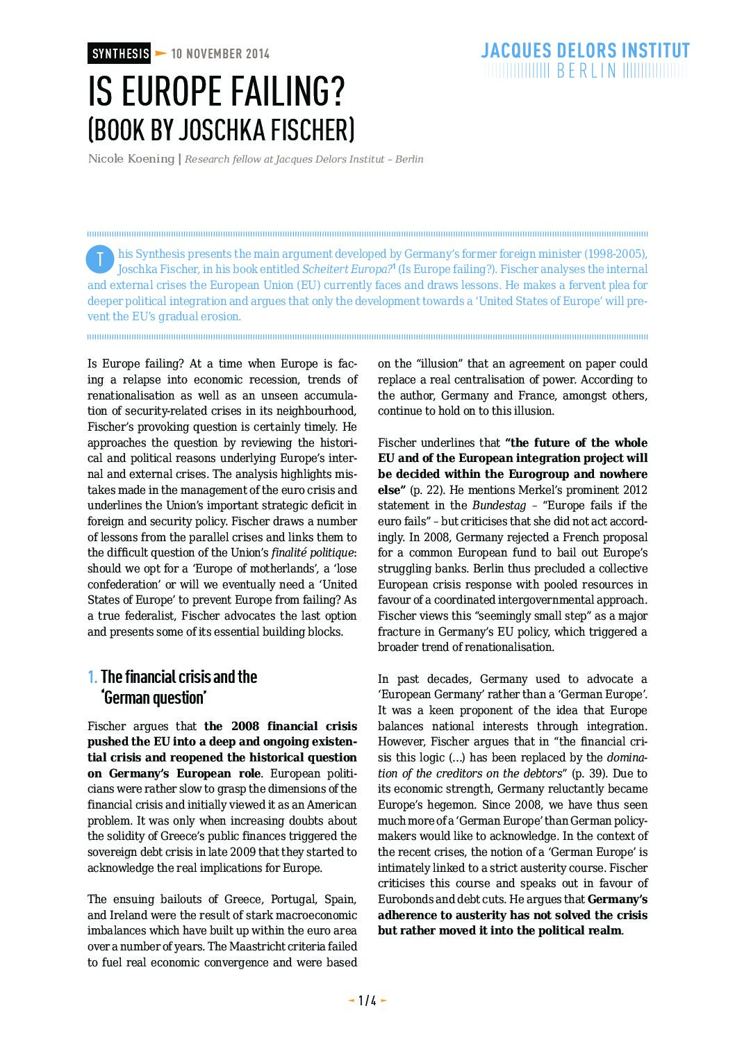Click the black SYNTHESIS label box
(x=119, y=53)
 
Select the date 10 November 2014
(x=220, y=54)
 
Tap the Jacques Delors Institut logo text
(x=585, y=51)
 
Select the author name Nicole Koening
(x=131, y=159)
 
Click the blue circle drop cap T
(x=99, y=259)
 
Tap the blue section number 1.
(x=92, y=677)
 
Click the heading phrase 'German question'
(x=154, y=698)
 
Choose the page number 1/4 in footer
(x=367, y=1001)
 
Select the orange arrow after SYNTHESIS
(x=160, y=53)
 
